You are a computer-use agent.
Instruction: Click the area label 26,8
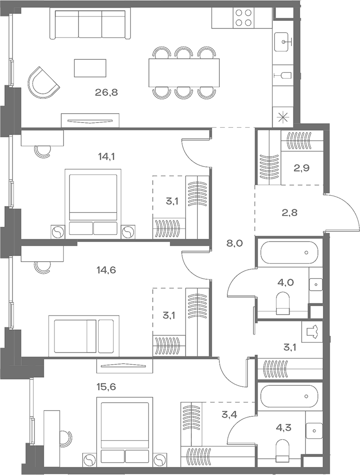point(107,93)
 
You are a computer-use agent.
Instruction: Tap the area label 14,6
point(107,269)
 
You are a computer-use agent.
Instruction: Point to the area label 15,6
point(107,387)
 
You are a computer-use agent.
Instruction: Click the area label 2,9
point(301,168)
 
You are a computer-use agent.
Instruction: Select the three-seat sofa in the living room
point(90,24)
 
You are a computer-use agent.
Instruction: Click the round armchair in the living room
point(43,82)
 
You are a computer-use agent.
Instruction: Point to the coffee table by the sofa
point(90,68)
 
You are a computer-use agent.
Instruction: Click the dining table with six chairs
point(184,73)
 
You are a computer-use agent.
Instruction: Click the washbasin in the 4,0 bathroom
point(316,285)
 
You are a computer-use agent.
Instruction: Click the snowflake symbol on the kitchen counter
point(282,117)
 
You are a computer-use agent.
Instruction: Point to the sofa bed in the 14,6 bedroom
point(84,336)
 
